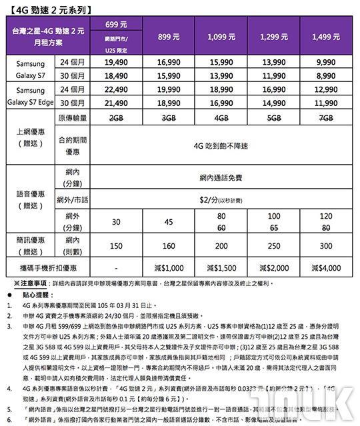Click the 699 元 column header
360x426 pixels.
(x=116, y=25)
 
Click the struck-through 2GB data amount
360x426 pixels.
(x=116, y=119)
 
